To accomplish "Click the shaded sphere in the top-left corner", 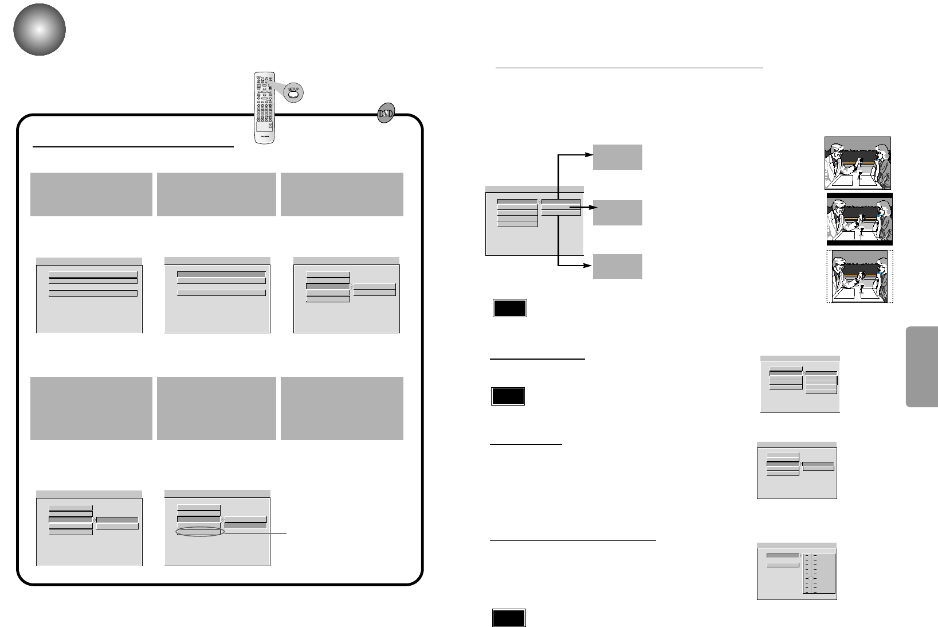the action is [40, 30].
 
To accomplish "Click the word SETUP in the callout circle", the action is [293, 89].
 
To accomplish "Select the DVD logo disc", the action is [386, 114].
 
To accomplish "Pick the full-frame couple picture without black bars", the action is [857, 163].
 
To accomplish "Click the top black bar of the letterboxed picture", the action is [859, 196].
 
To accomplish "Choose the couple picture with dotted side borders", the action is [859, 276].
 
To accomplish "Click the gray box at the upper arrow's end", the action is [617, 157].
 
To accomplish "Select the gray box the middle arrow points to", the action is [617, 213].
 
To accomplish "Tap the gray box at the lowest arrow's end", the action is [617, 266].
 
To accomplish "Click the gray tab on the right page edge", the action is [921, 367].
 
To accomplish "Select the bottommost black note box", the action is [508, 618].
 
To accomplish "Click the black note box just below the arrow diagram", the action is [509, 308].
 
